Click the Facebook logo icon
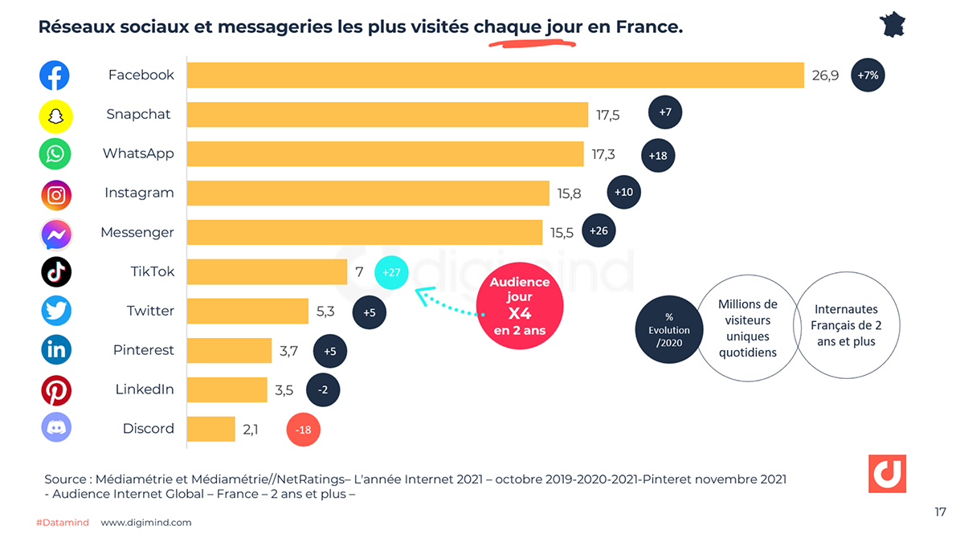point(55,75)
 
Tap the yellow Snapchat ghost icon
point(55,116)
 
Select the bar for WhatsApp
point(385,154)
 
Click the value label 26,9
point(825,75)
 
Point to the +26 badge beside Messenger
point(598,231)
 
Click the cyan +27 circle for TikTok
point(391,272)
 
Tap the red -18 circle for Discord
point(304,430)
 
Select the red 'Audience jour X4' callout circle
point(520,306)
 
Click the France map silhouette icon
point(893,24)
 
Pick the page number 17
point(940,512)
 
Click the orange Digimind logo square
point(887,474)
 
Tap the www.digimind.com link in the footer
point(146,523)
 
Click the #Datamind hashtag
point(62,523)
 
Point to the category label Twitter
point(150,311)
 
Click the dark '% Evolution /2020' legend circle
point(668,330)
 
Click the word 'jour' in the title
point(564,26)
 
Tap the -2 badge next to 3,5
point(323,390)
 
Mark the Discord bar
point(211,430)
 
